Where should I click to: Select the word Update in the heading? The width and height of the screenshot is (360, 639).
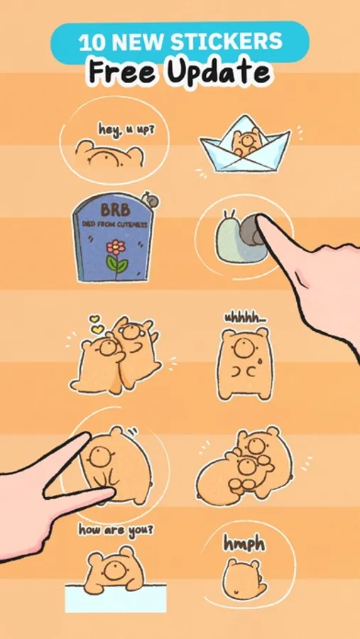coord(219,72)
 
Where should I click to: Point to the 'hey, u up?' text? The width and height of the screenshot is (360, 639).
coord(126,130)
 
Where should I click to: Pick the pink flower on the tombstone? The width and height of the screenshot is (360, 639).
coord(116,247)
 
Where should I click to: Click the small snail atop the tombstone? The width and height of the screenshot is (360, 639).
coord(150,200)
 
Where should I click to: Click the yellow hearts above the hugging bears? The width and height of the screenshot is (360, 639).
coord(97,324)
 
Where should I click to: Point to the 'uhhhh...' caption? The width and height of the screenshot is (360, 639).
coord(246,319)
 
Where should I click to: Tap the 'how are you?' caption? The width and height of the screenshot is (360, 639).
coord(116,530)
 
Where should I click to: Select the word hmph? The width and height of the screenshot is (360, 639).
coord(244,544)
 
